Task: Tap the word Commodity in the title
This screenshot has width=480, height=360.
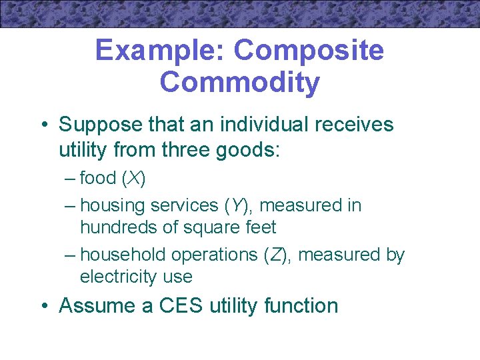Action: point(240,83)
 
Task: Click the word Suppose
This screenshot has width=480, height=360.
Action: point(99,125)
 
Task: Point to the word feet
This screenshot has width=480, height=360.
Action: point(259,227)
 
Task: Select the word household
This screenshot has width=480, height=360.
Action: point(123,255)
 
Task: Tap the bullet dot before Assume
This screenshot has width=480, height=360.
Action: point(45,307)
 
